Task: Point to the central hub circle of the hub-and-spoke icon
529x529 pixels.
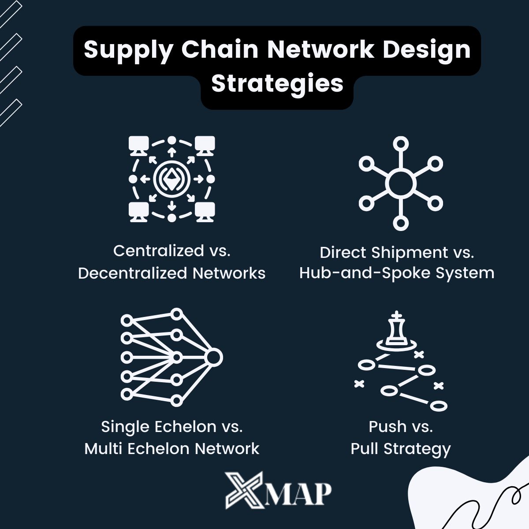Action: point(400,183)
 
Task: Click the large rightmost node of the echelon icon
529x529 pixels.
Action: point(213,357)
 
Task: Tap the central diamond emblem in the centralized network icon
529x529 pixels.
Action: point(171,179)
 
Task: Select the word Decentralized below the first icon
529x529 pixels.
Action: point(133,273)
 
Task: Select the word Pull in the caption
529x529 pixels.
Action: point(365,449)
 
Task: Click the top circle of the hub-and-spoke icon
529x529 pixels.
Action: point(401,144)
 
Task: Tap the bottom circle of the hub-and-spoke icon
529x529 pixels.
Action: point(401,223)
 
